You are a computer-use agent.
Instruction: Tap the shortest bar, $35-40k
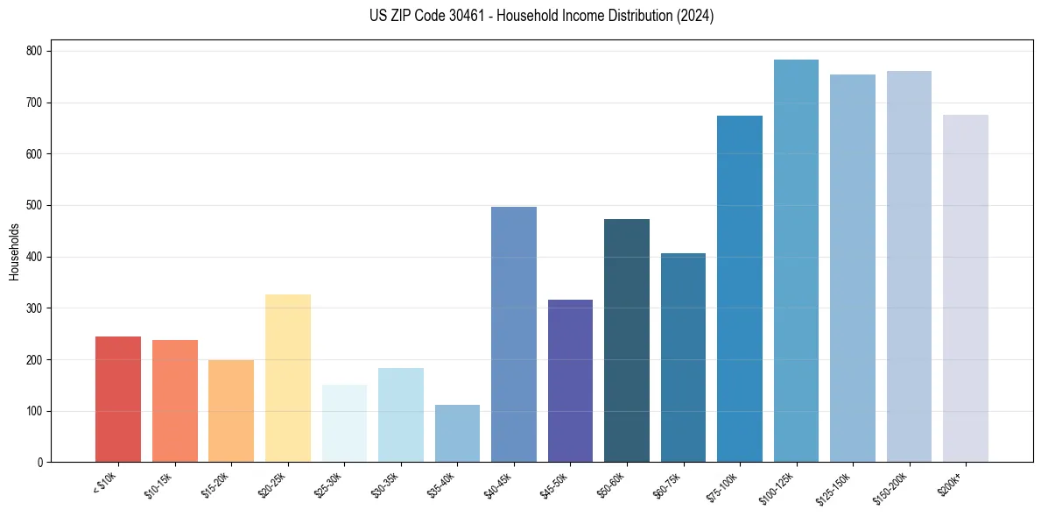tap(457, 434)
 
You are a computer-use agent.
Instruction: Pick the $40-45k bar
tap(514, 335)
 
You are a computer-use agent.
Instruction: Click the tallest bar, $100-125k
tap(796, 261)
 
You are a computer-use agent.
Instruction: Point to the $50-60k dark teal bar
tap(627, 341)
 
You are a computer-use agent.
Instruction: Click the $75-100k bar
tap(740, 289)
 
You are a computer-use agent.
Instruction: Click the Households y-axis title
tap(14, 251)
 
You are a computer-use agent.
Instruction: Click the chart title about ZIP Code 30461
tap(542, 16)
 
